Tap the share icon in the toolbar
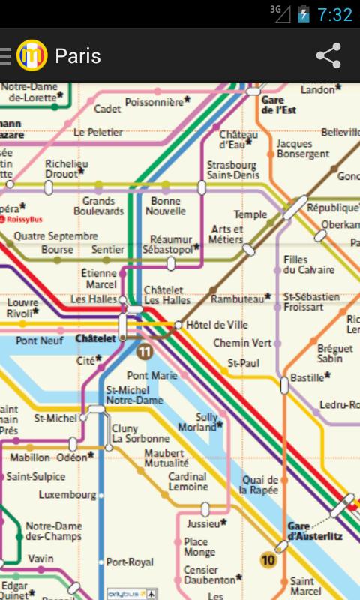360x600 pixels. tap(328, 56)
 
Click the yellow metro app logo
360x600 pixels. tap(31, 55)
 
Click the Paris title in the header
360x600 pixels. tap(78, 56)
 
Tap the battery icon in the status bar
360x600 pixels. tap(303, 14)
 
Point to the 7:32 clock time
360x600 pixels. tap(334, 15)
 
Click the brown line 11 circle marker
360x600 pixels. tap(145, 351)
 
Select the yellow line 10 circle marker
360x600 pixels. tap(268, 559)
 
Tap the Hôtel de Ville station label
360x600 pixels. tap(217, 325)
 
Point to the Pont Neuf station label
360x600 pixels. tap(40, 340)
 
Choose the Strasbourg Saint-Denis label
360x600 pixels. tap(232, 170)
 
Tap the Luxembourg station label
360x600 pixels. tap(67, 495)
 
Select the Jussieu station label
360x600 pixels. tap(203, 523)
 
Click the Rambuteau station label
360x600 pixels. tap(238, 298)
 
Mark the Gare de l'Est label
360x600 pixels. tap(278, 104)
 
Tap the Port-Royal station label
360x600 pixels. tap(130, 562)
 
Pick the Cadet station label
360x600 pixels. tap(107, 109)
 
